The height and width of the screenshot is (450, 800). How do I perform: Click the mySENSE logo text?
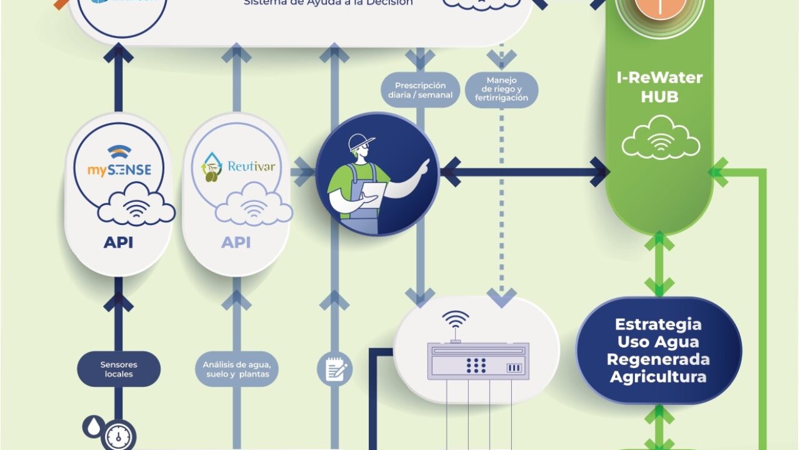[119, 169]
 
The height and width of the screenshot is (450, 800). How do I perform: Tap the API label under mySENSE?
[118, 242]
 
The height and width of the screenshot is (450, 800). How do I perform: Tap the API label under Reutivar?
[236, 242]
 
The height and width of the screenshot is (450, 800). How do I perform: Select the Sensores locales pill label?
[119, 369]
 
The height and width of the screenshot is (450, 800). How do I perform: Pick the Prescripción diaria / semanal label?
[420, 90]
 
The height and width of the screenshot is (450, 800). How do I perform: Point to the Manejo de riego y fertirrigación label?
[502, 89]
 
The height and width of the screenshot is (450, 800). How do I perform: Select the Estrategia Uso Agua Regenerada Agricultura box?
[658, 351]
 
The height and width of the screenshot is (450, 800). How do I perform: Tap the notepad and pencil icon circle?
[334, 369]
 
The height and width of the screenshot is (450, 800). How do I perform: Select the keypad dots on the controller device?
[476, 365]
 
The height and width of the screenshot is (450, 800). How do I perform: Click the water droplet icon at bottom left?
[93, 427]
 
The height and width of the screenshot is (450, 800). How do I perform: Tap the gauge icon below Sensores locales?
[118, 436]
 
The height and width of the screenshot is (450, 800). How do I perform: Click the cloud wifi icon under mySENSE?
[136, 207]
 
